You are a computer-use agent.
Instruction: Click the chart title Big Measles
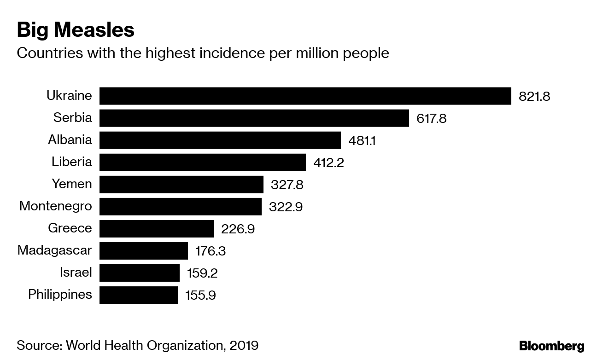pyautogui.click(x=76, y=30)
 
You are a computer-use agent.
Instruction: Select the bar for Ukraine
pyautogui.click(x=305, y=96)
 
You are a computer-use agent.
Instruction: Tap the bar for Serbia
pyautogui.click(x=254, y=118)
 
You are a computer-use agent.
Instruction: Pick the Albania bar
pyautogui.click(x=220, y=140)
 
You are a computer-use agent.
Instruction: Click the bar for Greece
pyautogui.click(x=156, y=228)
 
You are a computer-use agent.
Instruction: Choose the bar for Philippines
pyautogui.click(x=138, y=295)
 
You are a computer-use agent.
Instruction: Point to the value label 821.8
pyautogui.click(x=534, y=97)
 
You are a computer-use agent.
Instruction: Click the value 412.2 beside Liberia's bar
pyautogui.click(x=328, y=163)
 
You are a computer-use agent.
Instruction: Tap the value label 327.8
pyautogui.click(x=287, y=185)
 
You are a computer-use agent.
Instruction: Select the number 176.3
pyautogui.click(x=211, y=251)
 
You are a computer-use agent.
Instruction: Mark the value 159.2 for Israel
pyautogui.click(x=202, y=273)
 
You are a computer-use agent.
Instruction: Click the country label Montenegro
pyautogui.click(x=56, y=206)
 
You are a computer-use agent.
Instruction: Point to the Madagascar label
pyautogui.click(x=55, y=250)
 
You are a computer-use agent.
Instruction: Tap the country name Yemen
pyautogui.click(x=71, y=184)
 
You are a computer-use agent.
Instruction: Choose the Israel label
pyautogui.click(x=76, y=273)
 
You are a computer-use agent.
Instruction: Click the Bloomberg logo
pyautogui.click(x=551, y=346)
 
